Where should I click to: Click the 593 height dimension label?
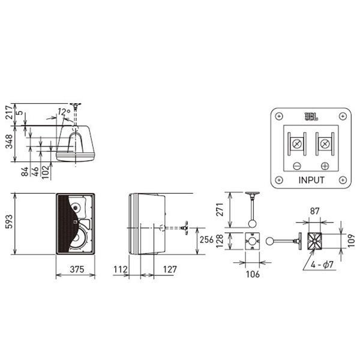click(x=9, y=221)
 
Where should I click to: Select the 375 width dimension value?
click(x=77, y=269)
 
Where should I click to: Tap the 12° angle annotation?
click(x=64, y=112)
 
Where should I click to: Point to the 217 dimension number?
click(x=9, y=112)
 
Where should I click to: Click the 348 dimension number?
click(x=9, y=142)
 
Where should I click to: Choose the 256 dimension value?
click(x=207, y=239)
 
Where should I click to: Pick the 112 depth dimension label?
click(x=121, y=269)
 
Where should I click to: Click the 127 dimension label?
click(x=170, y=269)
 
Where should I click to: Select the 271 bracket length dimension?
click(x=220, y=209)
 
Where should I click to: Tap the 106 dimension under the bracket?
click(x=253, y=274)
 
